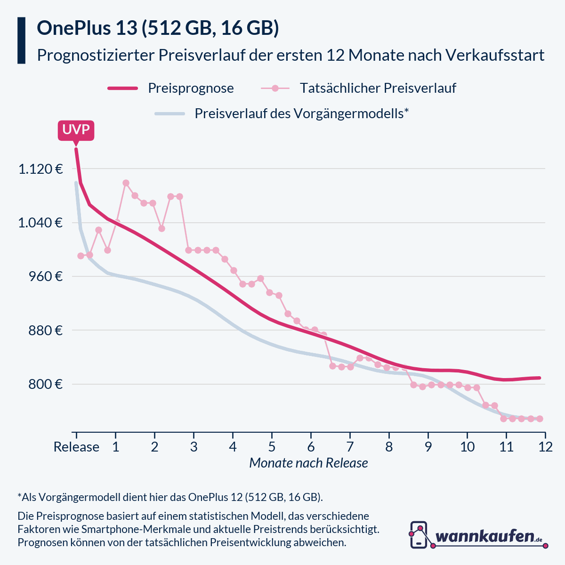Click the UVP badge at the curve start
(x=76, y=129)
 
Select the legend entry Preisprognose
(x=191, y=88)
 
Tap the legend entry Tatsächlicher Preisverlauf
(x=378, y=88)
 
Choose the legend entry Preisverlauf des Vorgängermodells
(x=301, y=113)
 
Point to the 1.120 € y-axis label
(x=40, y=169)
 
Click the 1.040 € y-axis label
(x=40, y=222)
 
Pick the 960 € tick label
(x=45, y=276)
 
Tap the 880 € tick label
(x=45, y=330)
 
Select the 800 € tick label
(x=45, y=384)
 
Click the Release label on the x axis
(x=76, y=446)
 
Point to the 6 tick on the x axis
(x=311, y=446)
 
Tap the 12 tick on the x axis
(x=545, y=446)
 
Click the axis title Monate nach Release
(x=308, y=463)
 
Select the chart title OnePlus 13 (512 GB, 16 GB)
(x=158, y=28)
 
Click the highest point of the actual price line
(x=126, y=183)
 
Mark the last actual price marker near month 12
(x=540, y=419)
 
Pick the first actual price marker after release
(x=81, y=256)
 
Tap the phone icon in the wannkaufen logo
(x=419, y=535)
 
